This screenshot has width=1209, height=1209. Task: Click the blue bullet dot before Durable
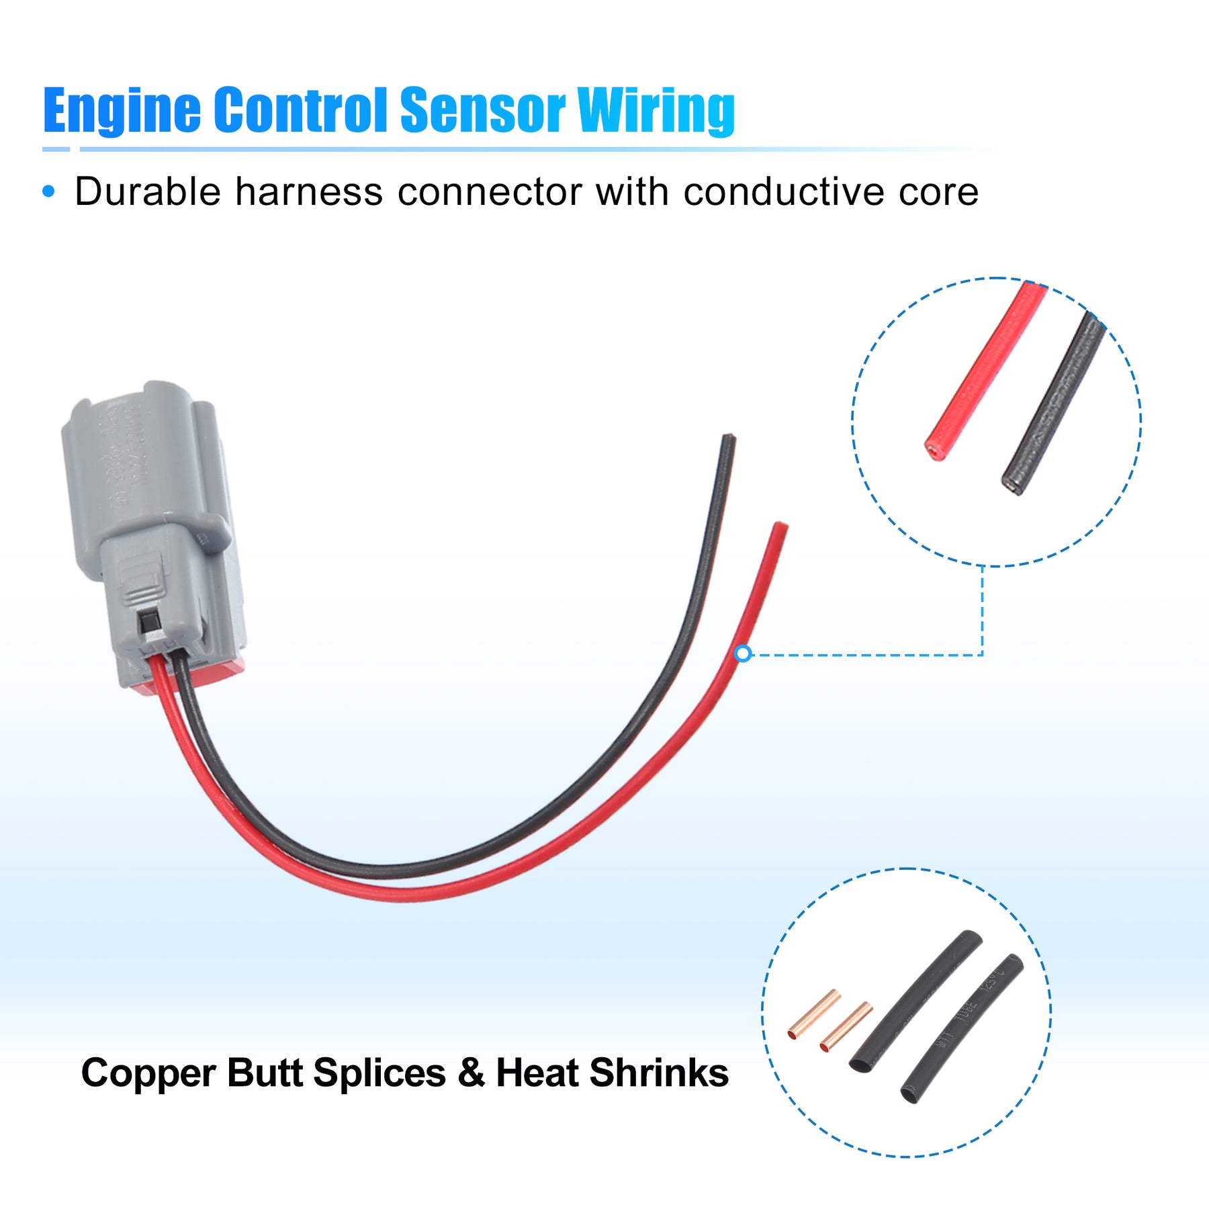[48, 192]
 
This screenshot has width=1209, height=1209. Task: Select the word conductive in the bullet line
[783, 192]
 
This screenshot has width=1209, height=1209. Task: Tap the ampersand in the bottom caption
[471, 1073]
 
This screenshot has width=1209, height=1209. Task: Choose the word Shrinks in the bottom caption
[659, 1073]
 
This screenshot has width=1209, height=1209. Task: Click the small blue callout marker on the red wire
[743, 653]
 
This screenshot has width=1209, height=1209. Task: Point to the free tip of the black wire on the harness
[728, 440]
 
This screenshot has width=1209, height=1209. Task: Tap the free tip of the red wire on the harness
[780, 527]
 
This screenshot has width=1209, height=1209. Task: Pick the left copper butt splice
[814, 1014]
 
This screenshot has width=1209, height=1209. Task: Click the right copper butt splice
[846, 1027]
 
